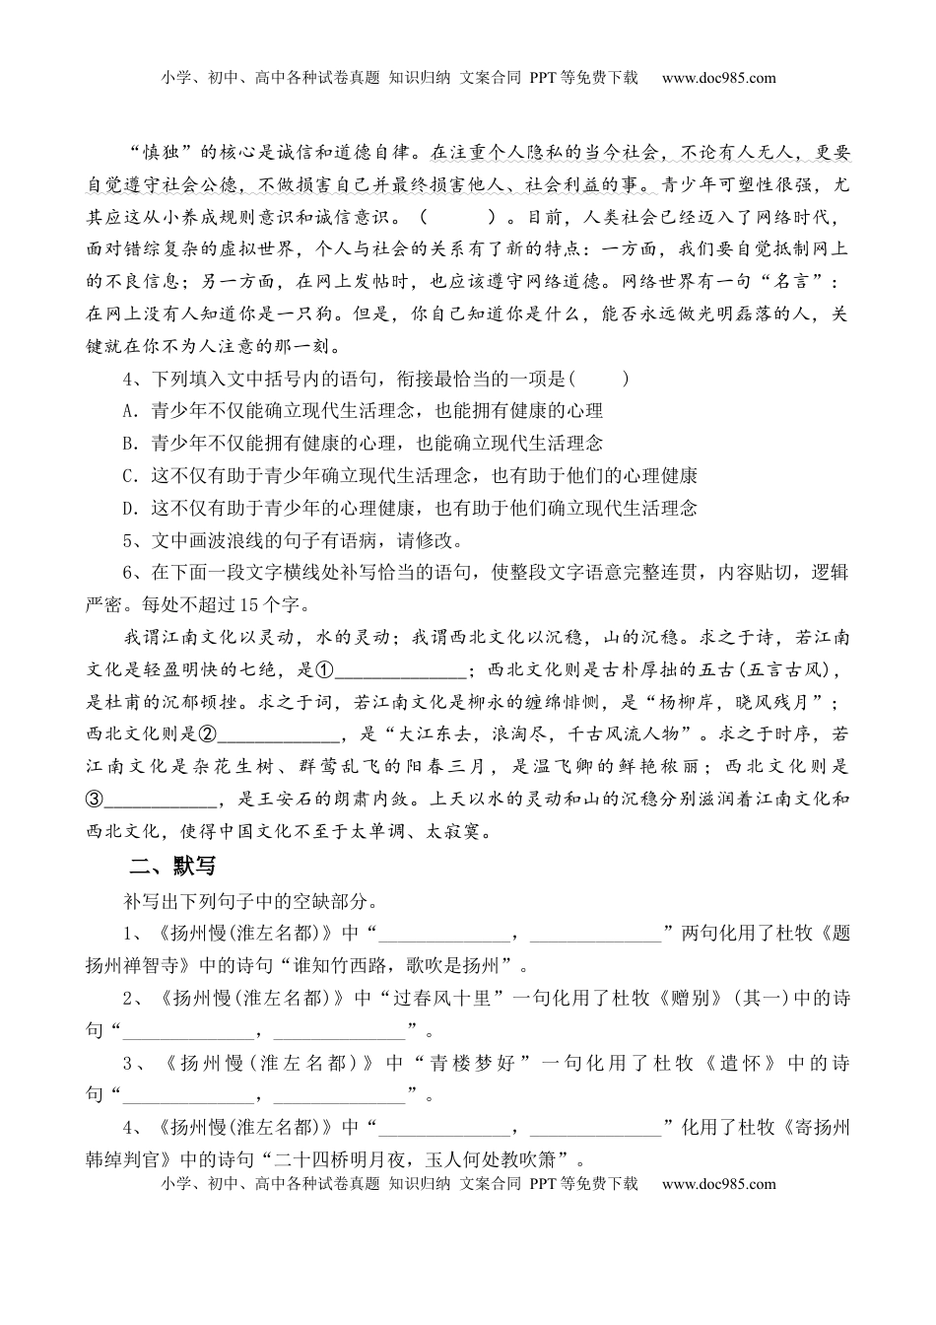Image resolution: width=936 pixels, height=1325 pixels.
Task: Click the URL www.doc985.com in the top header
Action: [718, 78]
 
